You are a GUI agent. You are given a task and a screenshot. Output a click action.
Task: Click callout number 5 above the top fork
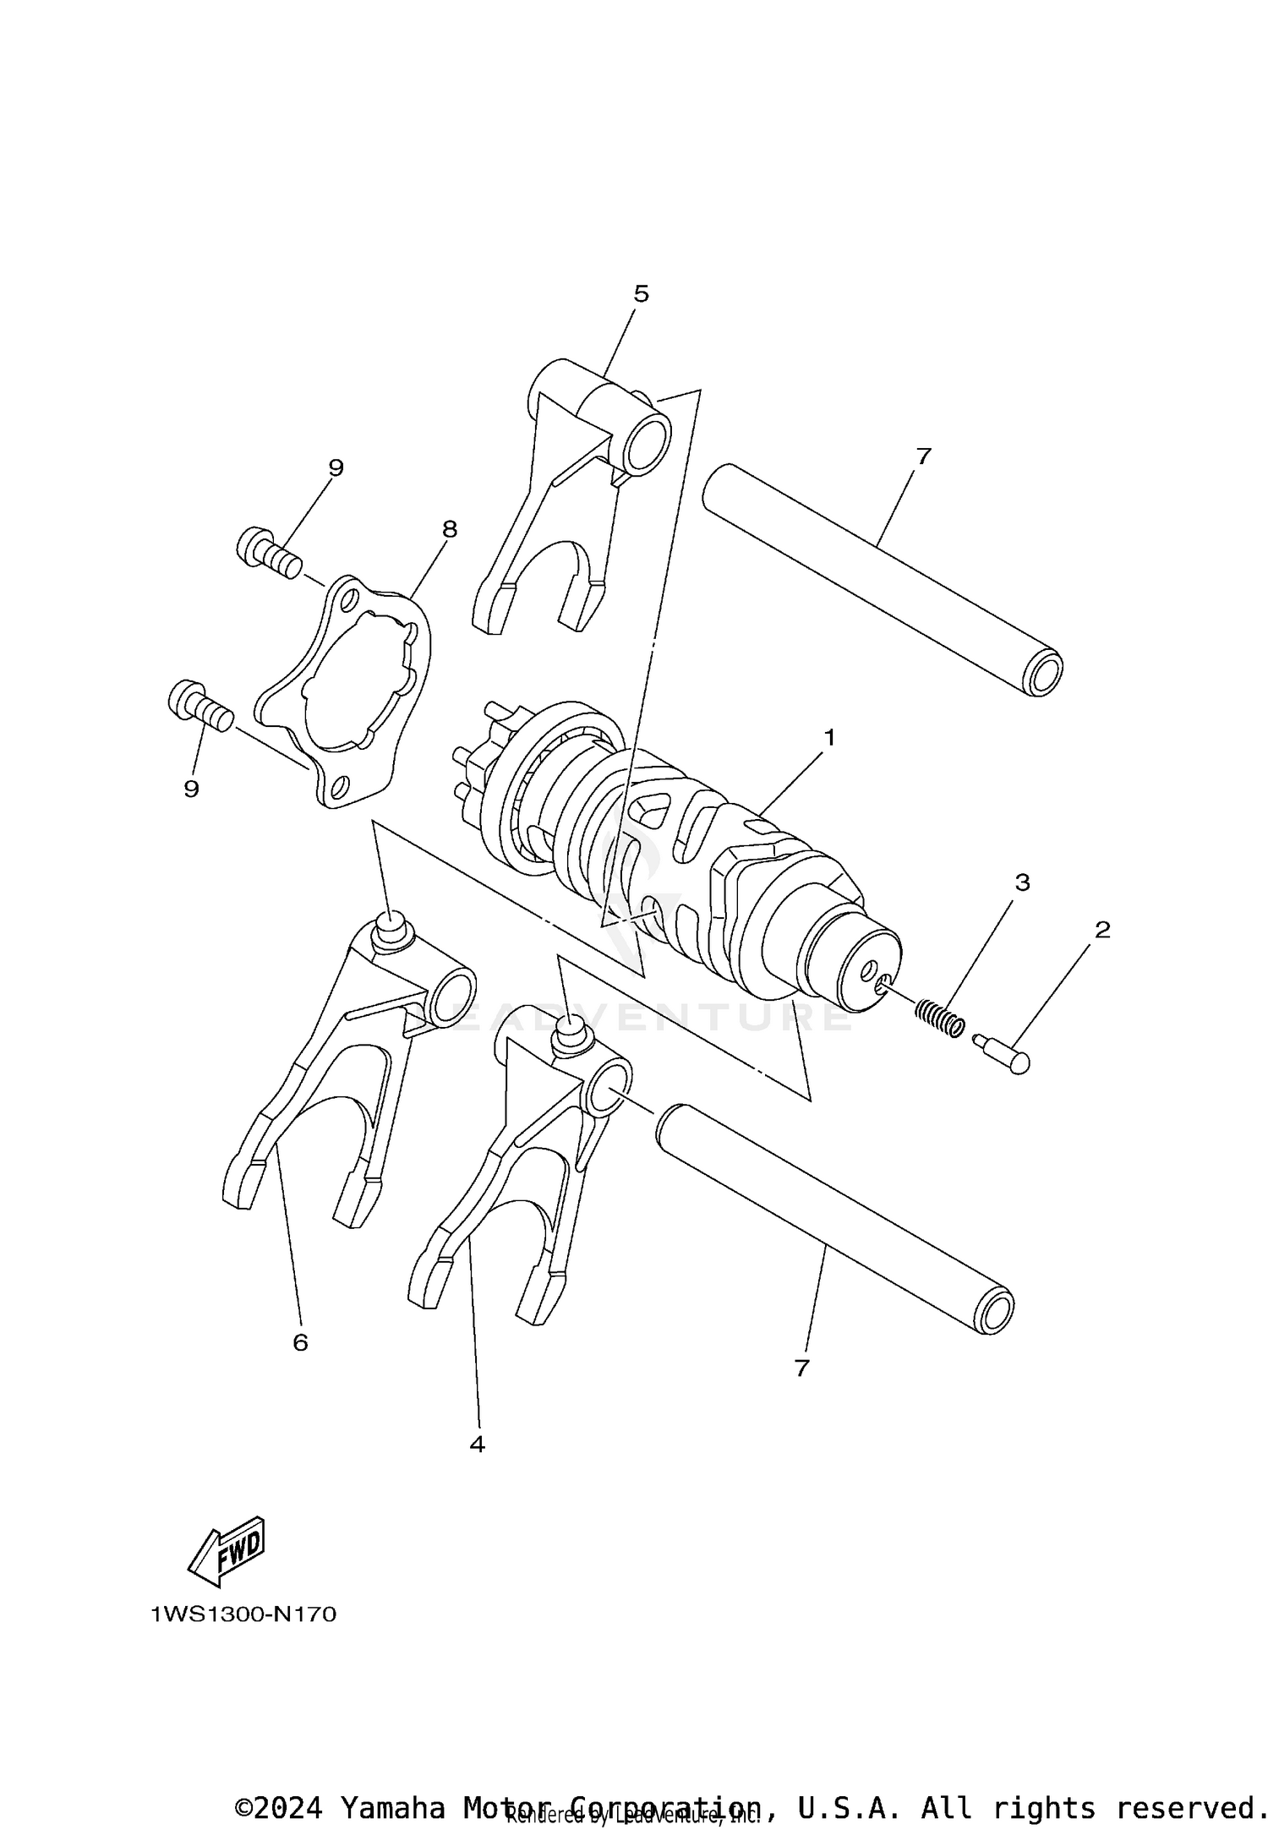pyautogui.click(x=641, y=294)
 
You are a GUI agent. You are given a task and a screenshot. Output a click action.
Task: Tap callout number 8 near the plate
pyautogui.click(x=449, y=529)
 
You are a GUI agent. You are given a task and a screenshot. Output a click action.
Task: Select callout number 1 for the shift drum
pyautogui.click(x=829, y=738)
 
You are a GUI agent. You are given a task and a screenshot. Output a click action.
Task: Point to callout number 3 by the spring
pyautogui.click(x=1022, y=882)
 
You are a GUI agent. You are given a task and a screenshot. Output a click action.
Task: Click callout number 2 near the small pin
pyautogui.click(x=1102, y=930)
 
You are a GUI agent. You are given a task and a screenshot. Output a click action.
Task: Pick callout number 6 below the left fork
pyautogui.click(x=300, y=1342)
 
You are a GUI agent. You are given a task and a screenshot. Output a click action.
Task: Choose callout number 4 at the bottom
pyautogui.click(x=477, y=1445)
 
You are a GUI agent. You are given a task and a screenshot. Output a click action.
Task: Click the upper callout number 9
pyautogui.click(x=336, y=467)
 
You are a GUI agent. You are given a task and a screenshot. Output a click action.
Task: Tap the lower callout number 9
pyautogui.click(x=192, y=789)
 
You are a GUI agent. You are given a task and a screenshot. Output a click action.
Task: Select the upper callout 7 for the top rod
pyautogui.click(x=923, y=456)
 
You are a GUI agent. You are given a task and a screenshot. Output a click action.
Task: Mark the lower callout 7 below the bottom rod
pyautogui.click(x=802, y=1368)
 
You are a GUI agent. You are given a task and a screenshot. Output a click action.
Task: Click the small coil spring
pyautogui.click(x=940, y=1016)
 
